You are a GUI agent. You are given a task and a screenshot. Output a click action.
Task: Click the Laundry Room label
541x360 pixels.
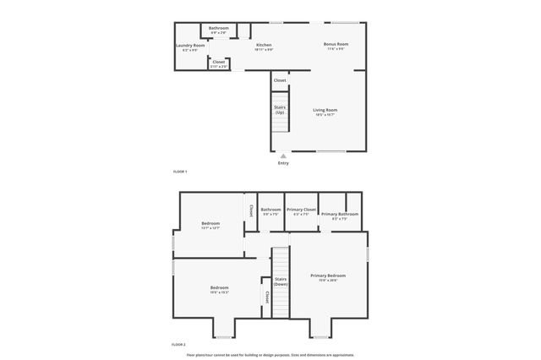pos(190,46)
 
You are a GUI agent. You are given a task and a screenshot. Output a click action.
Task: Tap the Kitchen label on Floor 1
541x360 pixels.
pos(264,45)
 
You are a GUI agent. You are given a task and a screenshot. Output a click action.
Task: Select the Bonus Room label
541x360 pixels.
pos(336,44)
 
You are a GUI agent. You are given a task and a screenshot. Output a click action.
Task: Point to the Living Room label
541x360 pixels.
pos(325,110)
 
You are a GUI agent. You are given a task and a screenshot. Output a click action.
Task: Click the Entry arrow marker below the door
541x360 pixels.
pos(283,155)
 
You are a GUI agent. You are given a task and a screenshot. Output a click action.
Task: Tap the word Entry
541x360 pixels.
pos(283,163)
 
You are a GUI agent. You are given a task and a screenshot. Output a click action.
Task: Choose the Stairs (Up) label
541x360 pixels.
pos(280,110)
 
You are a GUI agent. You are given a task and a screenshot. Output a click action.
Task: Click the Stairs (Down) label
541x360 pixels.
pos(281,281)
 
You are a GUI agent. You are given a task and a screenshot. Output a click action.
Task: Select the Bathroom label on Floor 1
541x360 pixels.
pos(219,28)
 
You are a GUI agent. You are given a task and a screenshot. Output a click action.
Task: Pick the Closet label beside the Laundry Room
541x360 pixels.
pos(219,62)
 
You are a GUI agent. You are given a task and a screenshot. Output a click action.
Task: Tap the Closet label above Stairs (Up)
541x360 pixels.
pos(280,80)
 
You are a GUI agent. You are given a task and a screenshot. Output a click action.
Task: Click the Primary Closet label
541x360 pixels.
pos(301,210)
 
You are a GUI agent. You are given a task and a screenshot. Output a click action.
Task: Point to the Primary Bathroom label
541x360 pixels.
pos(340,214)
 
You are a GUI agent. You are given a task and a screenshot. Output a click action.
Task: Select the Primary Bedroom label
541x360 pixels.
pos(328,275)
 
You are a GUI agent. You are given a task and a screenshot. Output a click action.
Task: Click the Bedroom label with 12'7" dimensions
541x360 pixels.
pos(210,224)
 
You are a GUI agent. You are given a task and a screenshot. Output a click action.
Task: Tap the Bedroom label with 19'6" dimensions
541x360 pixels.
pos(220,288)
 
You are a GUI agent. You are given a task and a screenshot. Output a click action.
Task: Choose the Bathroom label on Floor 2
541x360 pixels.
pos(270,210)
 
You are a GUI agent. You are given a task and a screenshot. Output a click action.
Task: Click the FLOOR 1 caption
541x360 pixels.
pos(179,172)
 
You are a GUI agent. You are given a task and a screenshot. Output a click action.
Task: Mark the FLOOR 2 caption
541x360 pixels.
pos(178,346)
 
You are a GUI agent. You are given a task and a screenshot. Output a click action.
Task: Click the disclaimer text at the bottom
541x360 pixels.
pos(270,355)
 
